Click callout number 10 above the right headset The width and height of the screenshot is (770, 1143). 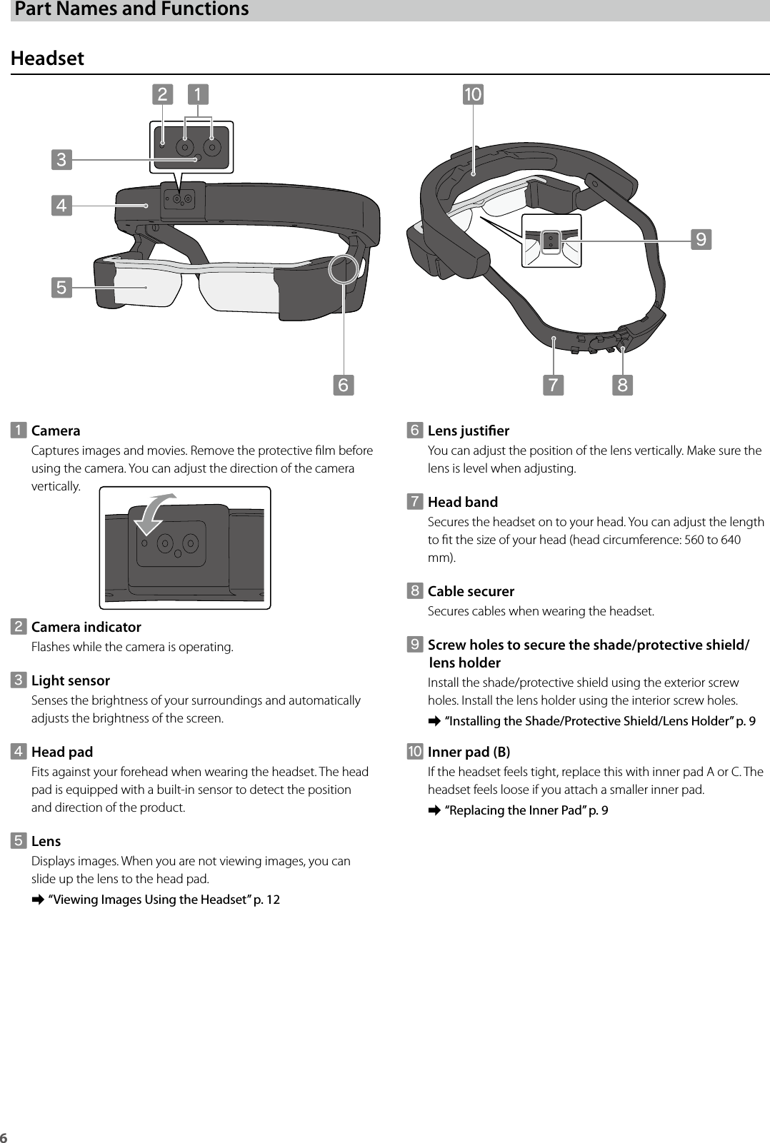point(473,94)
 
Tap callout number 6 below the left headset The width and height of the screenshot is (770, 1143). point(344,385)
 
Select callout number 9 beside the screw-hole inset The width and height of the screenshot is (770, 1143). point(701,239)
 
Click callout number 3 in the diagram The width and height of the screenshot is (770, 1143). point(61,159)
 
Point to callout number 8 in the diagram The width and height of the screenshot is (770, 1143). point(622,385)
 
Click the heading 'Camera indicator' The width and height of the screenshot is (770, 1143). point(86,627)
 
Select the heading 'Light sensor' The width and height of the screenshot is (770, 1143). point(71,680)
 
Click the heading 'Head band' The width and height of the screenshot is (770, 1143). point(462,502)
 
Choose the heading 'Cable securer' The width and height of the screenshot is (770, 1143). point(471,591)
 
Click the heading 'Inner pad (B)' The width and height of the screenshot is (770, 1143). point(469,752)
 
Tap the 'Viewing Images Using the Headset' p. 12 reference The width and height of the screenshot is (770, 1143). point(164,900)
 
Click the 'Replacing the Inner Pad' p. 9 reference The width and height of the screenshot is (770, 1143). point(526,810)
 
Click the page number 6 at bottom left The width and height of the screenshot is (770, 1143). point(4,1137)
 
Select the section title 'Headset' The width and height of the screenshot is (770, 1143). point(47,58)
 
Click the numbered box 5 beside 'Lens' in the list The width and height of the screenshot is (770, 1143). point(19,841)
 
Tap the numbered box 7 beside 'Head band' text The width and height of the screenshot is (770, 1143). point(414,502)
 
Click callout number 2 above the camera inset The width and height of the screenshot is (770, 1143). point(163,94)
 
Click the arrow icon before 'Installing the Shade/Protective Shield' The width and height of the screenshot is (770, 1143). point(432,722)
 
